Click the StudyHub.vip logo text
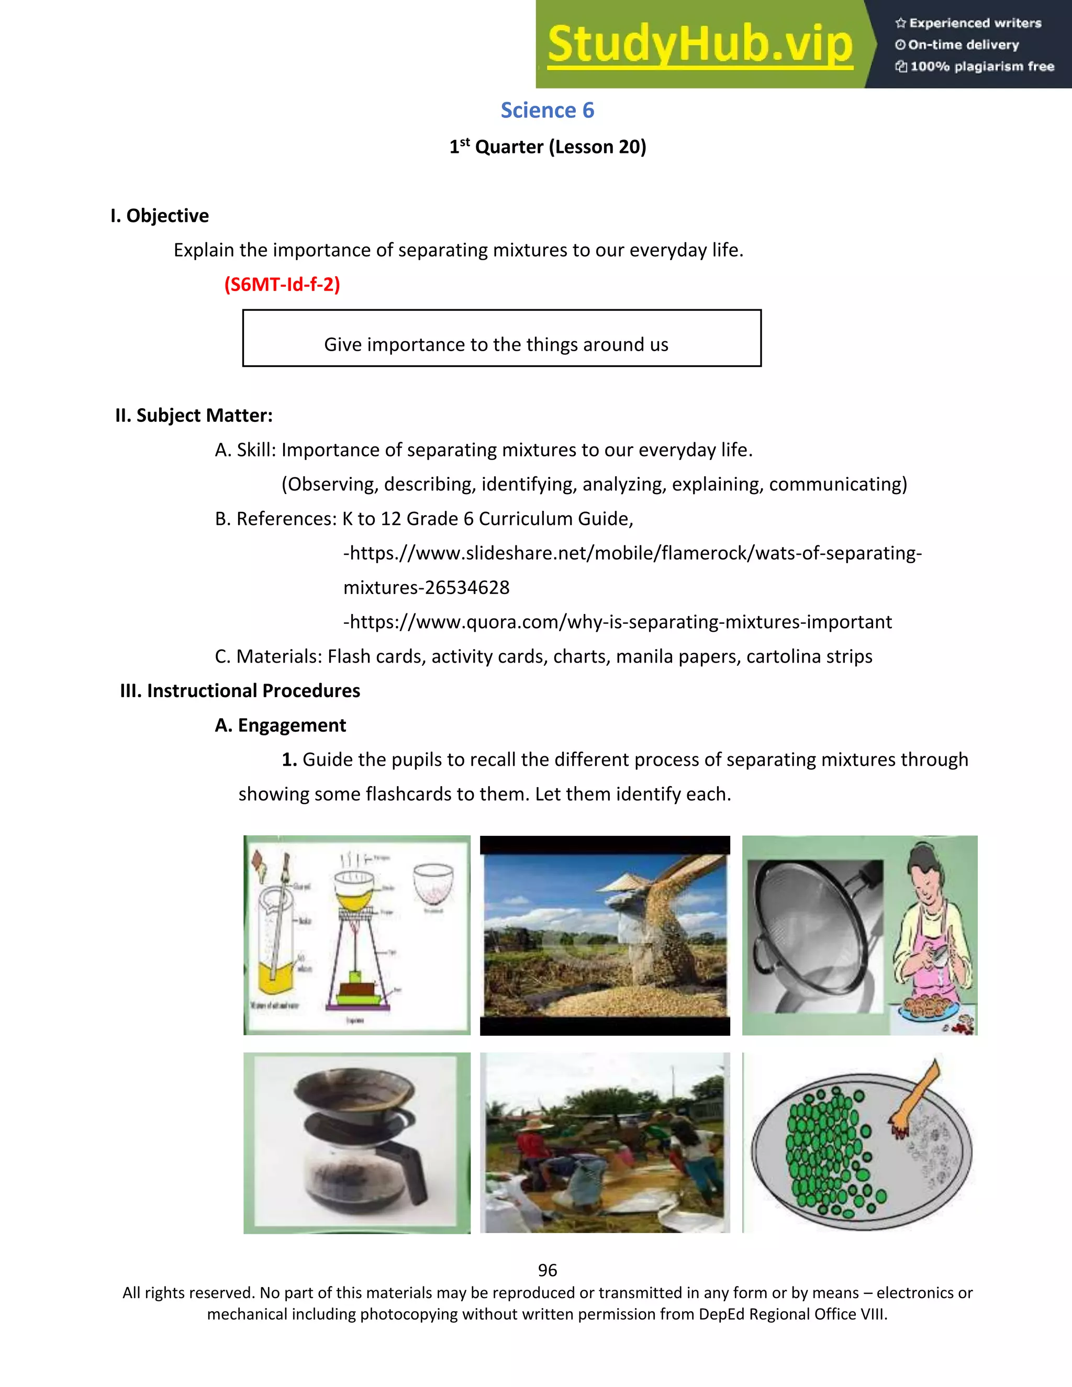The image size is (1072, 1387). (x=699, y=44)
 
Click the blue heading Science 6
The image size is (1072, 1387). (x=547, y=110)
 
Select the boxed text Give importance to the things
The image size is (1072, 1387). (x=496, y=344)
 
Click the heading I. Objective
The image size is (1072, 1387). (x=160, y=216)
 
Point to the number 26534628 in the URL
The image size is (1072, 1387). (x=467, y=587)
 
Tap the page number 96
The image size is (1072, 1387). (x=547, y=1270)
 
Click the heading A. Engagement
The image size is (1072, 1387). (x=280, y=725)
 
